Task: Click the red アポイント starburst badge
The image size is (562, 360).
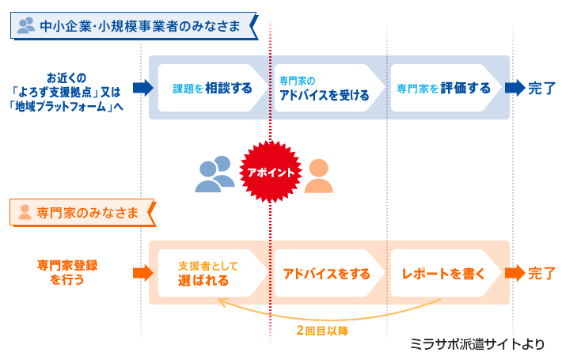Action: (x=271, y=172)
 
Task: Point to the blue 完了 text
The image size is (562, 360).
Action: (x=541, y=88)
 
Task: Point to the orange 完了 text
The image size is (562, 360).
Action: (x=541, y=273)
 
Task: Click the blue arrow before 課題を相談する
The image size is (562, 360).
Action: (x=143, y=88)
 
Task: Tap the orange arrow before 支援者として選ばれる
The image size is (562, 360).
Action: (x=143, y=273)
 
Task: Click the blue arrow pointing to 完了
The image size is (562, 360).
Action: (x=515, y=88)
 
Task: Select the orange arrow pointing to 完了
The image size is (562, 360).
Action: (x=515, y=273)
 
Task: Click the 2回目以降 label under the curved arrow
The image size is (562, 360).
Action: (x=322, y=330)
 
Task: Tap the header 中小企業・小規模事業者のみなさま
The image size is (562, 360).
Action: (x=140, y=26)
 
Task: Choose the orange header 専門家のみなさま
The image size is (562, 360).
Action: (x=87, y=213)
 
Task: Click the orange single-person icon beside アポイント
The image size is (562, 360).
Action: (x=319, y=176)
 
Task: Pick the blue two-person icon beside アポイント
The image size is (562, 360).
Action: (x=215, y=174)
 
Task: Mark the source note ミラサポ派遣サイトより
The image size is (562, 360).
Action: (x=477, y=344)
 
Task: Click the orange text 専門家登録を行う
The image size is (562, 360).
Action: (x=67, y=272)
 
